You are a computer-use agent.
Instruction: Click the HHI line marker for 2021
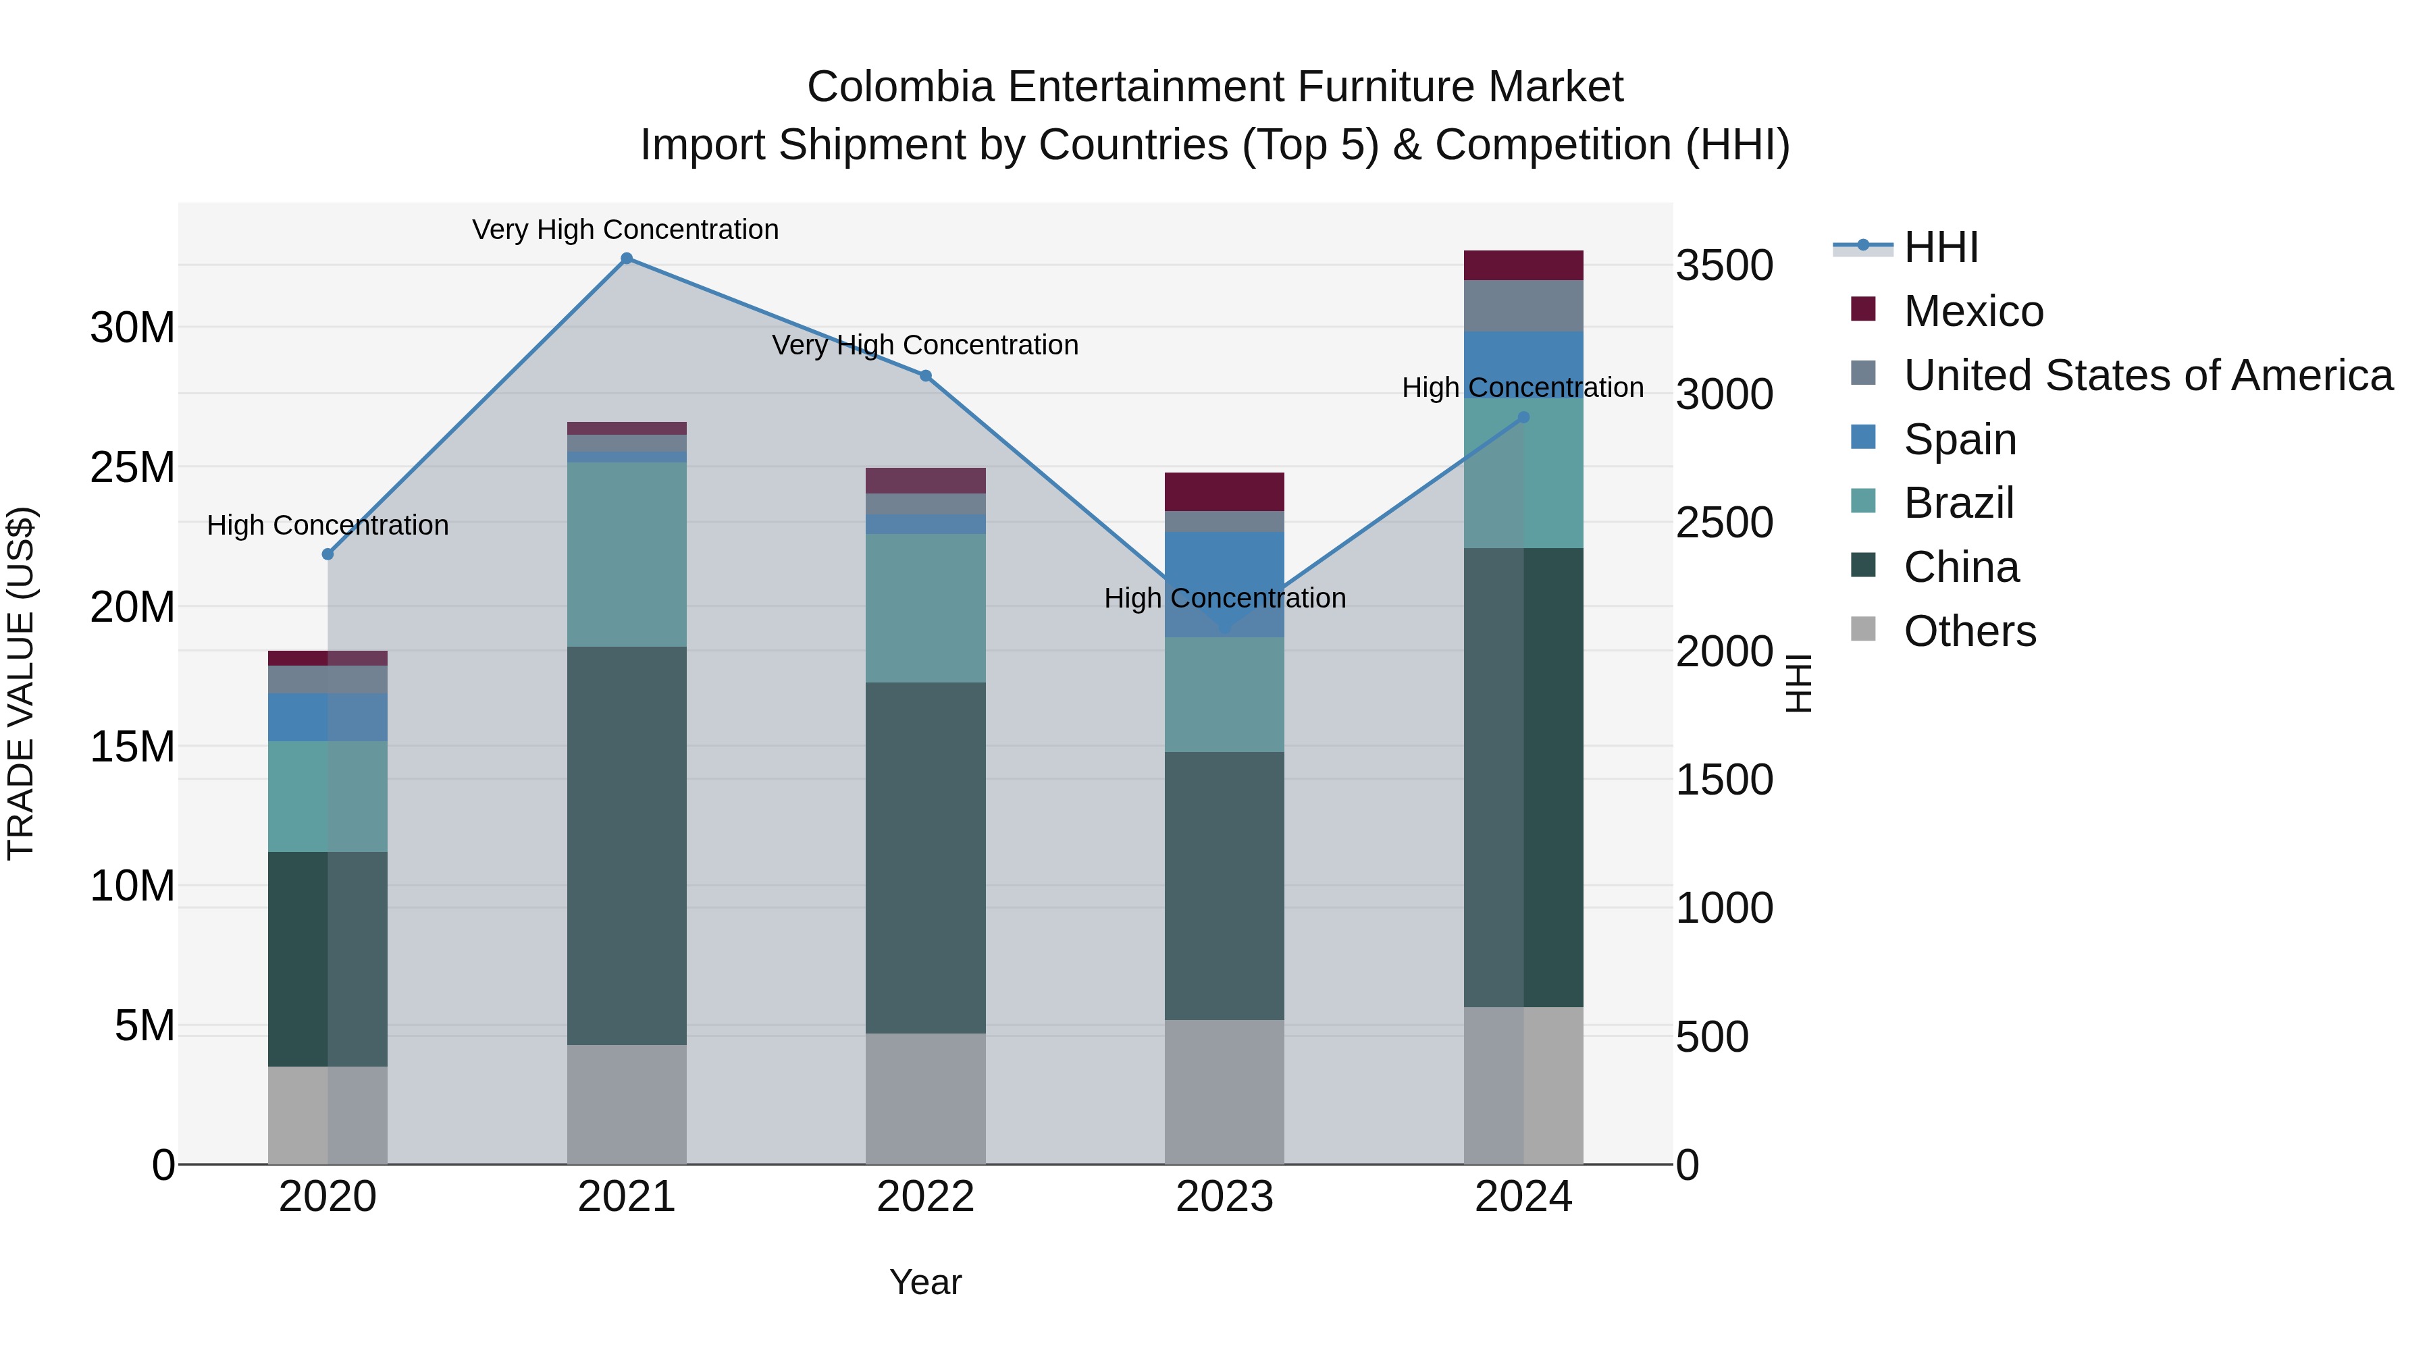point(627,259)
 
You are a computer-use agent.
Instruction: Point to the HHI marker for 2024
point(1523,418)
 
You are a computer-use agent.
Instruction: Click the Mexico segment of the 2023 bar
point(1224,491)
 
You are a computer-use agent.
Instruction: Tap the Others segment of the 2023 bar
point(1224,1092)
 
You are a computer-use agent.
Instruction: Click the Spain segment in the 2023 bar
point(1224,566)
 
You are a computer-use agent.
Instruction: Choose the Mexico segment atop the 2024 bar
point(1523,265)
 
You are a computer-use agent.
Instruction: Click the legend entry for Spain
point(1959,439)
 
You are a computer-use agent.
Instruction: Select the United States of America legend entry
point(2147,375)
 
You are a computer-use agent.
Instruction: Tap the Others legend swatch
point(1863,629)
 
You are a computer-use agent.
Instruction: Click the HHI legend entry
point(1940,247)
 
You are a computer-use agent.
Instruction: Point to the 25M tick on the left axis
point(132,468)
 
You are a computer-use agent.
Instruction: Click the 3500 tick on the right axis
point(1724,266)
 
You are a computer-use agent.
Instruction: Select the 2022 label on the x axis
point(926,1197)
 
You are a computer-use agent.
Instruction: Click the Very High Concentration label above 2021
point(626,230)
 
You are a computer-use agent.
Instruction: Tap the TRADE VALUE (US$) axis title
point(21,683)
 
